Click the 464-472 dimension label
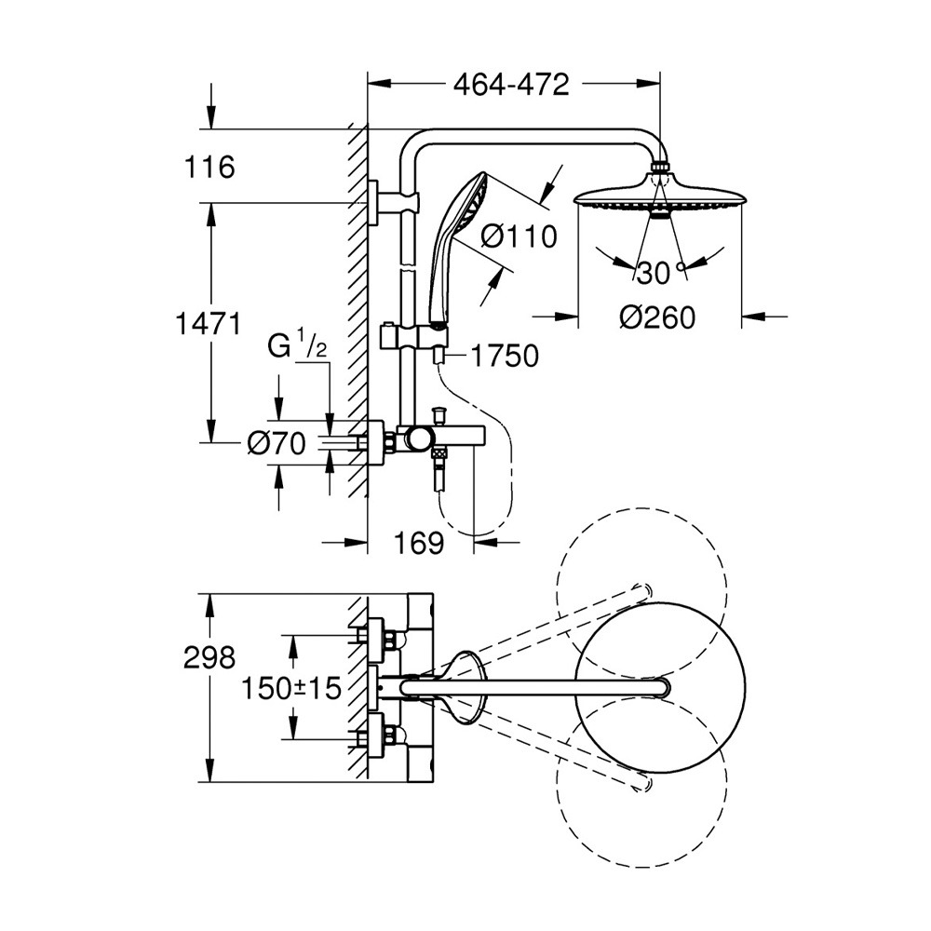511,85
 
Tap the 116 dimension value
209,169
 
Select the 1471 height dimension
209,324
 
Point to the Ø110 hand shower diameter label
519,236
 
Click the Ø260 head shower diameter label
657,318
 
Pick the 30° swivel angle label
655,272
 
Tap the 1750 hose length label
504,356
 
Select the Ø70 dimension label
277,444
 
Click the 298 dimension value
209,658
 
